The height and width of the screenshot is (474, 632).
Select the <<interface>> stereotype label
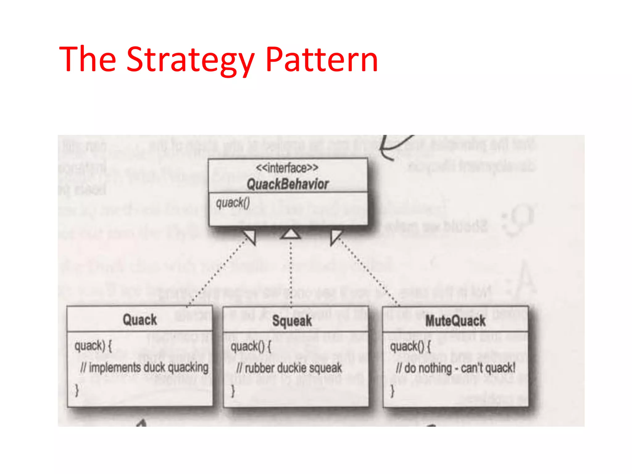[x=287, y=168]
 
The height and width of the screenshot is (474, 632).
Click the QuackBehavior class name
[x=288, y=184]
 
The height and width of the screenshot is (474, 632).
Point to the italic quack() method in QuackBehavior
[x=233, y=203]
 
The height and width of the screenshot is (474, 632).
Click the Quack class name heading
[x=140, y=320]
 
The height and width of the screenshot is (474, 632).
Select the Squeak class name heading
[x=292, y=321]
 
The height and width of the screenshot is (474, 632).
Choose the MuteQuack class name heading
[x=455, y=321]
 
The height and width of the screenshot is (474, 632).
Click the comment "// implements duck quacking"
[x=144, y=368]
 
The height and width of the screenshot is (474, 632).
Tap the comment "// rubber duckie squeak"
[x=289, y=368]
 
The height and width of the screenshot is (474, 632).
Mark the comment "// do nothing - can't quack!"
[x=455, y=368]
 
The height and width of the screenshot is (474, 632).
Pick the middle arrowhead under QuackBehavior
[x=290, y=234]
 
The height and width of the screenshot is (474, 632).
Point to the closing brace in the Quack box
[x=77, y=390]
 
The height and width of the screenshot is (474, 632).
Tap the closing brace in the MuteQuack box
[x=392, y=391]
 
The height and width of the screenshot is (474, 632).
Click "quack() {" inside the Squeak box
[x=251, y=347]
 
